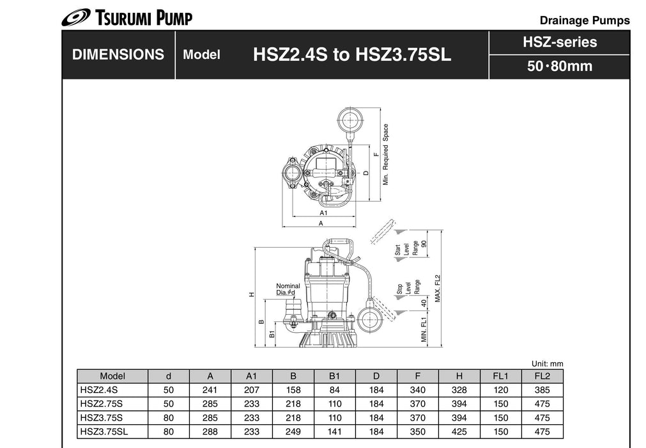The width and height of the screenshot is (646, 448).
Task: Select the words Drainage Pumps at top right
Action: pyautogui.click(x=584, y=20)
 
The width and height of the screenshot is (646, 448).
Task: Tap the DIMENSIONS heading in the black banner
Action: pyautogui.click(x=118, y=55)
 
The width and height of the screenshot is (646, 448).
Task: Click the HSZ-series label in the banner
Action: pyautogui.click(x=559, y=42)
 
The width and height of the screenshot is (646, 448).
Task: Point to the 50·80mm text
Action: pyautogui.click(x=559, y=66)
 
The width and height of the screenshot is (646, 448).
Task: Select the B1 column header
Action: pyautogui.click(x=335, y=376)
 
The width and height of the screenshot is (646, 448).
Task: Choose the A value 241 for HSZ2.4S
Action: pyautogui.click(x=210, y=390)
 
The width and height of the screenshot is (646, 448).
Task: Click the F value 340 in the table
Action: pyautogui.click(x=417, y=390)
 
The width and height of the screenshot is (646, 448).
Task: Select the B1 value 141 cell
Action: pyautogui.click(x=335, y=432)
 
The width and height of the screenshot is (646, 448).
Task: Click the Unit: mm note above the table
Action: pyautogui.click(x=547, y=364)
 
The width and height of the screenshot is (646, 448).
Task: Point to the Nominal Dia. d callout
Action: pyautogui.click(x=288, y=289)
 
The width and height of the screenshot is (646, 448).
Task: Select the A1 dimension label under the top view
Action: pyautogui.click(x=323, y=212)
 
